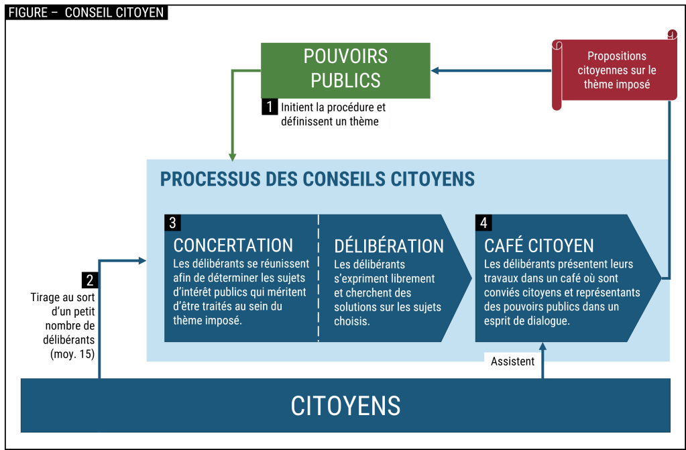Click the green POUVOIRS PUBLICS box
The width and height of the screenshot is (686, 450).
(x=345, y=70)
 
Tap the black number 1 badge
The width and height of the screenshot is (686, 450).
(x=269, y=107)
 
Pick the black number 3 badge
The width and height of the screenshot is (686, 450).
(x=172, y=222)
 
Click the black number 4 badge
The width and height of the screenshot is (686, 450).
(x=483, y=222)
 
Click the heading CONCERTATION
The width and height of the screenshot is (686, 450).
(x=233, y=245)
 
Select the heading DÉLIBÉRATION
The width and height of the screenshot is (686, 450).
(x=388, y=246)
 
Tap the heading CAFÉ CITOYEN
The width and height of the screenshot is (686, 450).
(x=538, y=245)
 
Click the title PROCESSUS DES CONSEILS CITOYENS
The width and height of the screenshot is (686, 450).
(x=317, y=179)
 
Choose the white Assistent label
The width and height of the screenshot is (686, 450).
(x=512, y=361)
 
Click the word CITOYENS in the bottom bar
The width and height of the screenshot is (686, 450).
(x=345, y=406)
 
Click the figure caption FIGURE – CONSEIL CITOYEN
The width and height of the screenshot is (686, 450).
(x=87, y=12)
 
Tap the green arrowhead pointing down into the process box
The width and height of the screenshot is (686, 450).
(x=233, y=156)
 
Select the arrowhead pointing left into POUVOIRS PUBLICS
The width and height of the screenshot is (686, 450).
(x=435, y=70)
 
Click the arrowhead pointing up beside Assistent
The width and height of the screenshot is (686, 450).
(x=543, y=347)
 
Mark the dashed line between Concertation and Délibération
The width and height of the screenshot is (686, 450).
(x=319, y=278)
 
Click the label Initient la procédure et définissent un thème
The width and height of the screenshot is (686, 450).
(x=333, y=114)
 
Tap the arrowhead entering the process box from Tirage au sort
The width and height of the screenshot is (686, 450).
(x=141, y=260)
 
